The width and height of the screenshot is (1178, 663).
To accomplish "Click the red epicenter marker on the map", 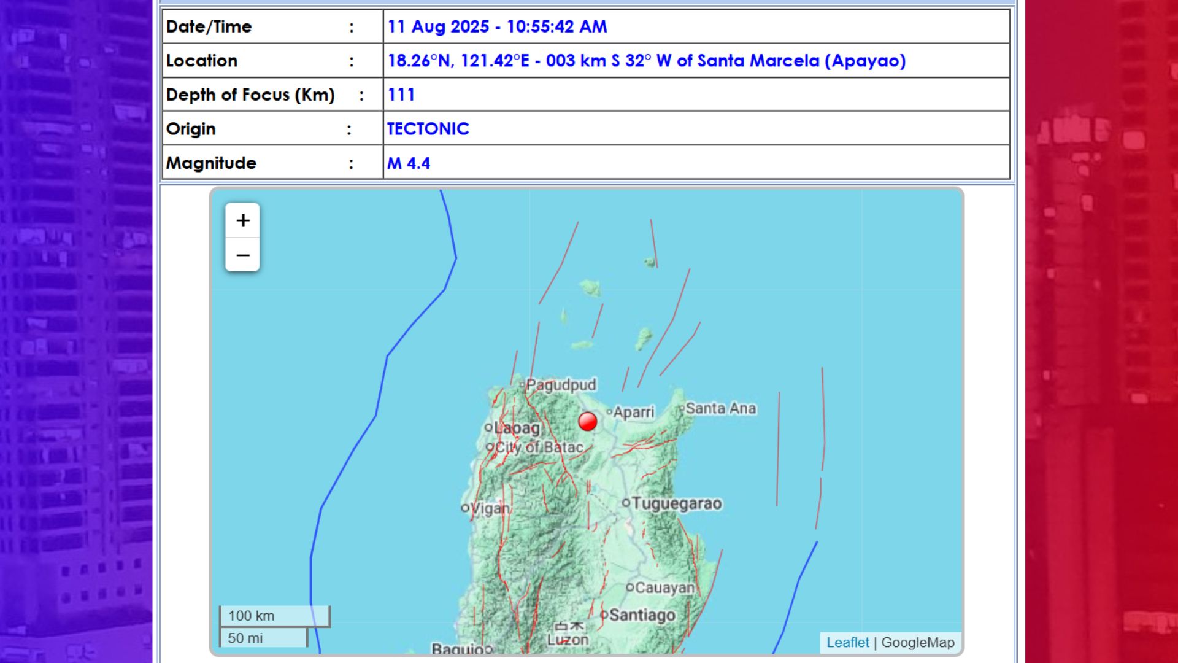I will (587, 422).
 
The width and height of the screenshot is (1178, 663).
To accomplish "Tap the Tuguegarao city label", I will (676, 503).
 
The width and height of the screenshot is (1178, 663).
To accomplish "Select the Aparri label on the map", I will (634, 412).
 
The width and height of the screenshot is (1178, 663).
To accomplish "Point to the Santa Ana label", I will (720, 408).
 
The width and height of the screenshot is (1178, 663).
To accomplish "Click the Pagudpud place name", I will (561, 385).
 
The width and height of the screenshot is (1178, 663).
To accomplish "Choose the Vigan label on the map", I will (490, 508).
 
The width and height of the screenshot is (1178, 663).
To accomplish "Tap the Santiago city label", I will (642, 615).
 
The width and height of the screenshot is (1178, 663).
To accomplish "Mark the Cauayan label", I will (664, 588).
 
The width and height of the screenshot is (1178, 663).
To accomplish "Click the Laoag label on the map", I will (517, 428).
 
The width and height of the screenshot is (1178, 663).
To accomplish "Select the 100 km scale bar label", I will (252, 616).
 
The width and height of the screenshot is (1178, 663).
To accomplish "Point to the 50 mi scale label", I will (245, 638).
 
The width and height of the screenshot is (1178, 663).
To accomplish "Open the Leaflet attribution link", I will (847, 643).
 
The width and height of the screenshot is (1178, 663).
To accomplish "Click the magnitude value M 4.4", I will (409, 163).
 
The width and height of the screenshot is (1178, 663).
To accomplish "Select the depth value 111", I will (401, 95).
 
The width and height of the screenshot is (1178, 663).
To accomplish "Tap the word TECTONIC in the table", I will (428, 129).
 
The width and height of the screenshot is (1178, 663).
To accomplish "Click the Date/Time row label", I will (209, 27).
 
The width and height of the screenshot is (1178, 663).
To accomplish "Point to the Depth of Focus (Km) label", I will (250, 95).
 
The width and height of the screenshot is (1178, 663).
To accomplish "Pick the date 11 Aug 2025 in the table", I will (438, 27).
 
